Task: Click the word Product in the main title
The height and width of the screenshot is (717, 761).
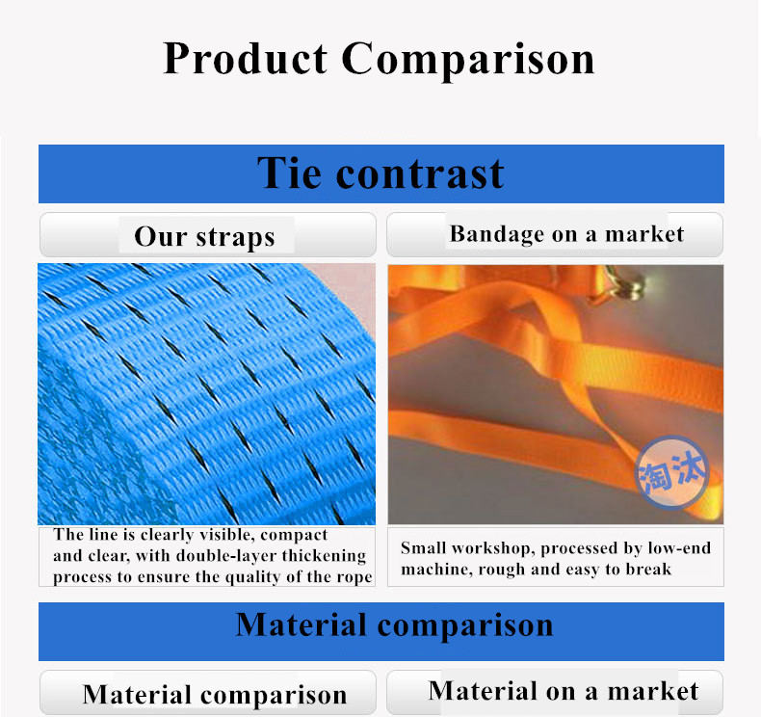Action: pos(245,59)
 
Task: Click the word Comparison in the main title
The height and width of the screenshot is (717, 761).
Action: pos(468,61)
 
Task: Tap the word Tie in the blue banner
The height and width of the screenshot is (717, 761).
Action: pos(289,173)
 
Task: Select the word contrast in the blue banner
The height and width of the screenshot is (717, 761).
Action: pos(420,174)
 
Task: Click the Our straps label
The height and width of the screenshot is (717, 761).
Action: pos(205,237)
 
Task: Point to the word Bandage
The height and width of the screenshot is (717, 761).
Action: pos(496,234)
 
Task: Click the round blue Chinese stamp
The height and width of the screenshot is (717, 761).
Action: pos(672,472)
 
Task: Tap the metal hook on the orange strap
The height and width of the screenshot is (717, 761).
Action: pos(623,285)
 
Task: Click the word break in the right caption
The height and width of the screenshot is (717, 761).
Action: pos(648,569)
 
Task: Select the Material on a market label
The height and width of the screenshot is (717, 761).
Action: pos(564,691)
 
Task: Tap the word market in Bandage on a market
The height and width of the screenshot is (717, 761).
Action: pos(644,234)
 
